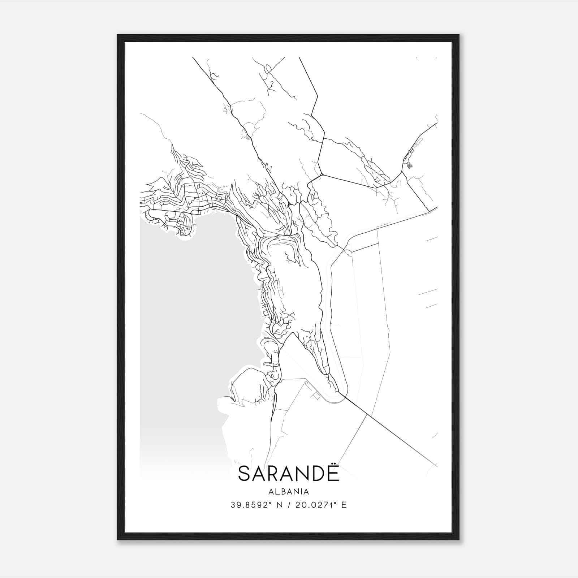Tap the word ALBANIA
pyautogui.click(x=289, y=492)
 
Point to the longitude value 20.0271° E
pyautogui.click(x=321, y=505)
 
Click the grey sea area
pyautogui.click(x=188, y=325)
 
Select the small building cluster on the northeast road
pyautogui.click(x=409, y=164)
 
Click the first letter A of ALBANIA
pyautogui.click(x=271, y=492)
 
